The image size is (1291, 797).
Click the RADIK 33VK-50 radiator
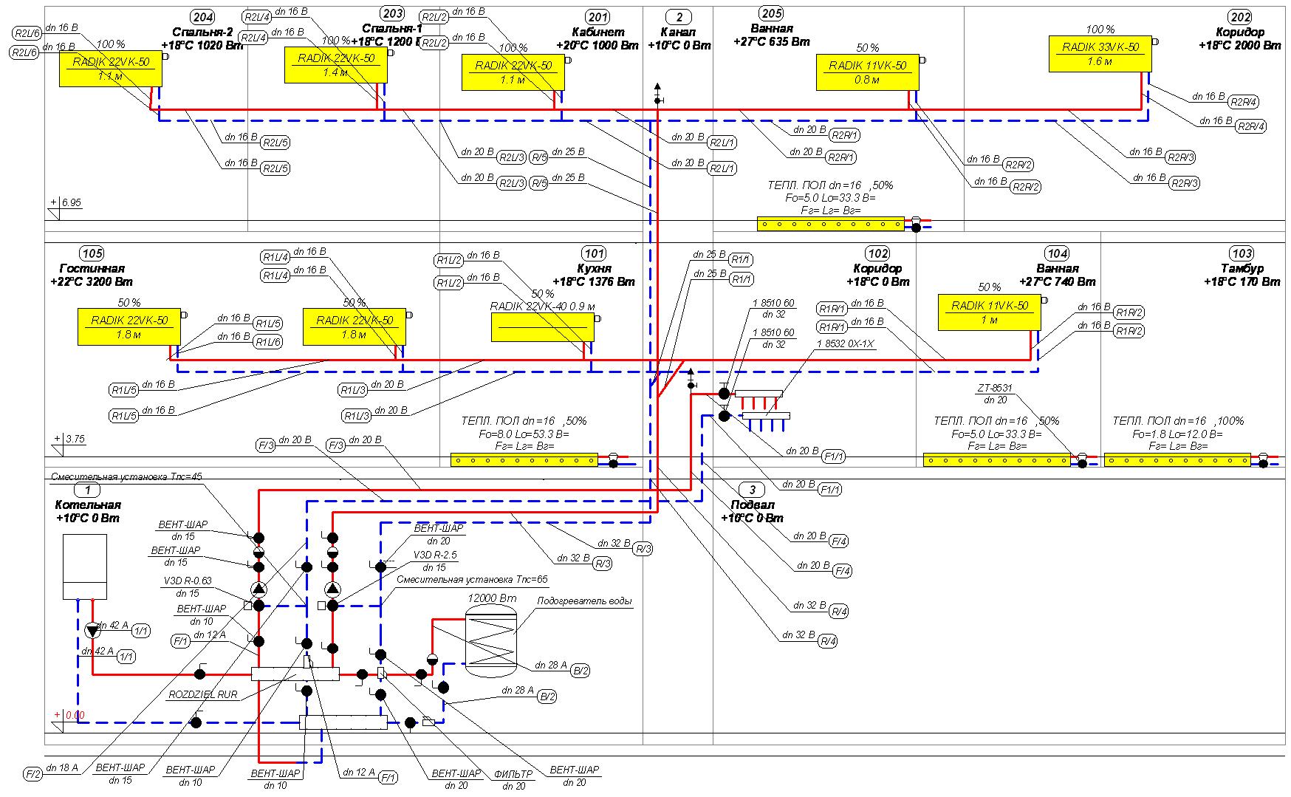point(1100,54)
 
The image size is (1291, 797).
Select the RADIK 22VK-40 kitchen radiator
point(542,326)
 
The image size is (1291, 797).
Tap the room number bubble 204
point(202,17)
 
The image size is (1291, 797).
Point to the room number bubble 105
point(90,253)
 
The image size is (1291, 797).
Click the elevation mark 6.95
point(72,202)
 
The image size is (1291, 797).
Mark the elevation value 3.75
point(75,439)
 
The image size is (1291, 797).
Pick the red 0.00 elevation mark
point(75,715)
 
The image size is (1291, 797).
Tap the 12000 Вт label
point(492,598)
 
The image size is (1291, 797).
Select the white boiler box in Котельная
point(84,567)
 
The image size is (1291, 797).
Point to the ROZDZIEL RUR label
point(203,695)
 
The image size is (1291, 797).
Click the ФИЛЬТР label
point(513,774)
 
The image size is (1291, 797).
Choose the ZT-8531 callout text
point(995,388)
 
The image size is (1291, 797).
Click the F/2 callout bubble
point(33,775)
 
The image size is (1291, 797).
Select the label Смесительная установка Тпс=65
point(472,580)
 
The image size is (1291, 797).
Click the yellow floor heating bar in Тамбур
point(1177,459)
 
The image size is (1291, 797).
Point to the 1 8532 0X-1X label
point(845,344)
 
